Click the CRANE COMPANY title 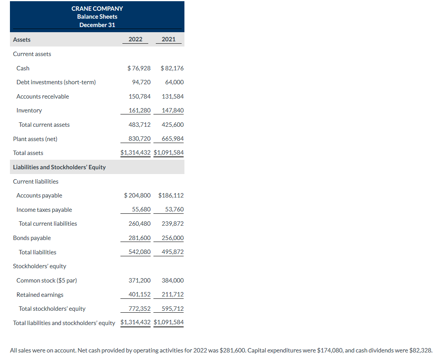(x=97, y=8)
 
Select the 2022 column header (x=135, y=39)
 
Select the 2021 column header (x=169, y=39)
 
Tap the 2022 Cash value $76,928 (x=139, y=68)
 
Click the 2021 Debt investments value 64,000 (x=174, y=82)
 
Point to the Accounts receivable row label (x=43, y=97)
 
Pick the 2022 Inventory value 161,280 (x=140, y=110)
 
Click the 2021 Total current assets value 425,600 (x=173, y=125)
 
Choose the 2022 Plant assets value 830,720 (x=140, y=139)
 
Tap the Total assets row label (x=28, y=153)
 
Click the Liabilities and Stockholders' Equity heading (x=59, y=167)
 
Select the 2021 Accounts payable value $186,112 (x=171, y=195)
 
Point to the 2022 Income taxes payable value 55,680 (x=141, y=210)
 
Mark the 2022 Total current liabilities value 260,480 (x=140, y=224)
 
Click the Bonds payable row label (x=32, y=238)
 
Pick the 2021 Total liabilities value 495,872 (x=173, y=252)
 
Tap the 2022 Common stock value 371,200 (x=140, y=281)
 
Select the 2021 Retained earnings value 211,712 (x=173, y=294)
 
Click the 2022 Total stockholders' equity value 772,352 (x=140, y=309)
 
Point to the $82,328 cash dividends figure (x=420, y=350)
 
